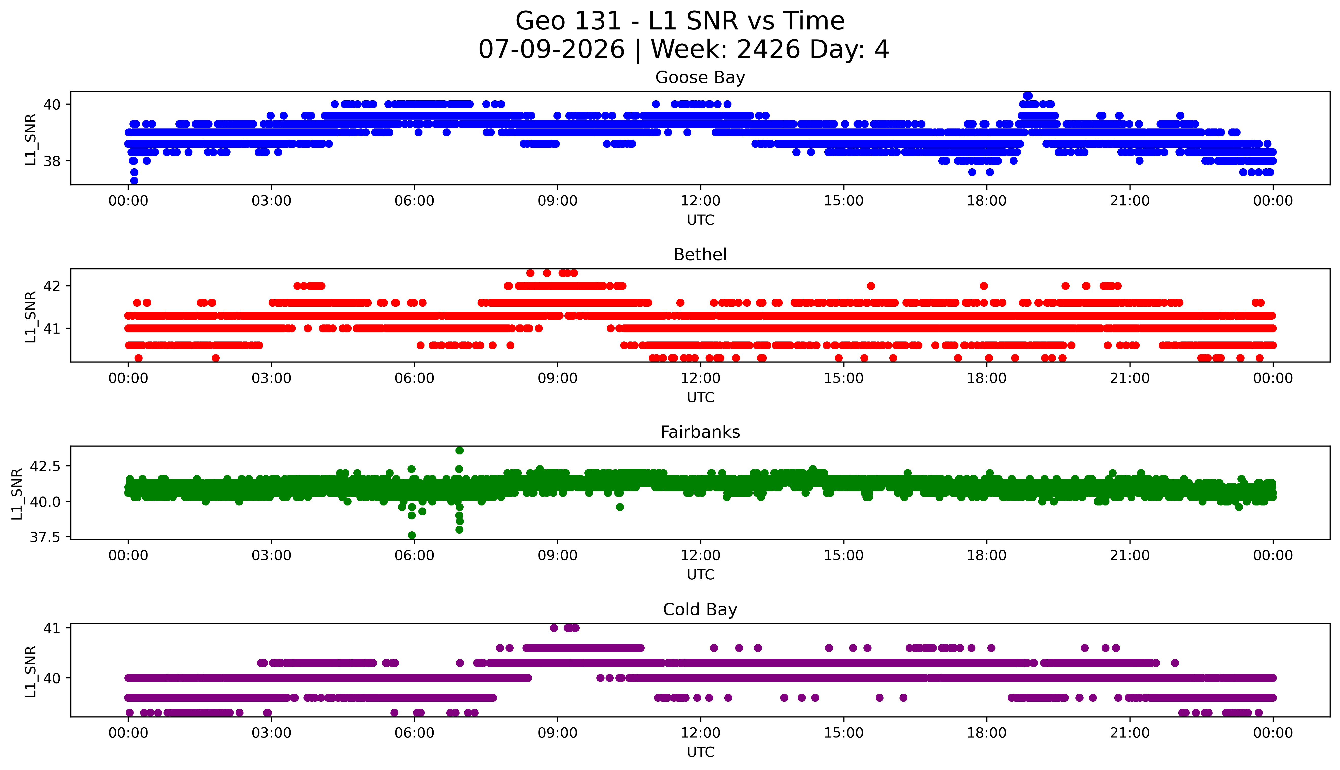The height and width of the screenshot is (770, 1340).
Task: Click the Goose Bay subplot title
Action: pyautogui.click(x=700, y=78)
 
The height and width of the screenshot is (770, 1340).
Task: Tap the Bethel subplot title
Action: pyautogui.click(x=700, y=255)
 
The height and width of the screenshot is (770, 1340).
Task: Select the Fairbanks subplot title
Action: pyautogui.click(x=700, y=432)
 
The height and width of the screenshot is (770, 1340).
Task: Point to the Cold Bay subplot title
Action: pyautogui.click(x=700, y=610)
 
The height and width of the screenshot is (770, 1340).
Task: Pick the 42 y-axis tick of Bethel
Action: pyautogui.click(x=52, y=286)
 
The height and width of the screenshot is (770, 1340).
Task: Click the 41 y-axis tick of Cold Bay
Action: pyautogui.click(x=52, y=628)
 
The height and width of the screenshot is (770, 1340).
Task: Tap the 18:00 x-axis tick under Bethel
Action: pyautogui.click(x=987, y=378)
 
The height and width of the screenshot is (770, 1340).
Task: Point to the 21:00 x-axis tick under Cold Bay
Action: pyautogui.click(x=1130, y=733)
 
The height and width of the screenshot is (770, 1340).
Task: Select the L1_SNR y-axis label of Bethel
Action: pyautogui.click(x=31, y=316)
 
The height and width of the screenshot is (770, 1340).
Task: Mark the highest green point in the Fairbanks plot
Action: pyautogui.click(x=460, y=451)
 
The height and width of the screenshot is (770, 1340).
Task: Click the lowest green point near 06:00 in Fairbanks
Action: pyautogui.click(x=412, y=535)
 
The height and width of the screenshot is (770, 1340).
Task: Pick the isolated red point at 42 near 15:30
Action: pyautogui.click(x=871, y=286)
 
